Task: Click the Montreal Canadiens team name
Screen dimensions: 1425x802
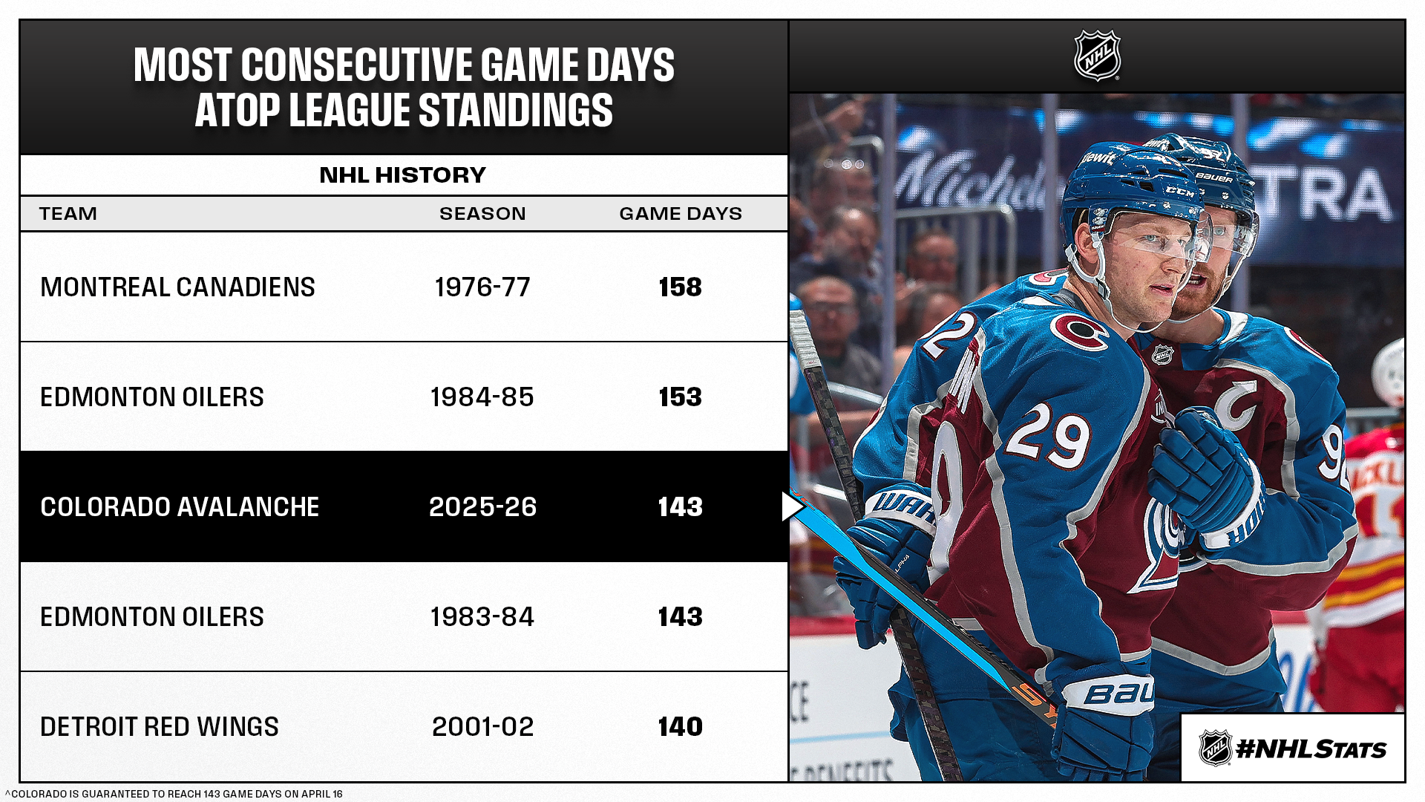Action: [x=177, y=287]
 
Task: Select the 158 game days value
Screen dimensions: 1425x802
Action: [x=680, y=287]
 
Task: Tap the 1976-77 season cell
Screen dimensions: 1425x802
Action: [x=482, y=287]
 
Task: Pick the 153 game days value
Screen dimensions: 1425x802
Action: [x=680, y=397]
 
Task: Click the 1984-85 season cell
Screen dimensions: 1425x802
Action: [x=482, y=397]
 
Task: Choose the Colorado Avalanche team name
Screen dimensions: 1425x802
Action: [x=180, y=507]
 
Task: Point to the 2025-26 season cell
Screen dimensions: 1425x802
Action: [x=482, y=507]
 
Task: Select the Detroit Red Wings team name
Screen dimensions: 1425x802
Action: [x=160, y=727]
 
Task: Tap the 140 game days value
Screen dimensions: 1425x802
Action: [x=680, y=727]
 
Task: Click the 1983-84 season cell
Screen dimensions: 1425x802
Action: [x=482, y=617]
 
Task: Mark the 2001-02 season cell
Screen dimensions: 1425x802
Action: [x=482, y=727]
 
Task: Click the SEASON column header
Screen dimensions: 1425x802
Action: [x=482, y=214]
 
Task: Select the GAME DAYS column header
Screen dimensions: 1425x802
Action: [x=681, y=214]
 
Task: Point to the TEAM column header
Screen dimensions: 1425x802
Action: [x=68, y=214]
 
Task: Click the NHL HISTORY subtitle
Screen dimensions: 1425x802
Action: [x=403, y=175]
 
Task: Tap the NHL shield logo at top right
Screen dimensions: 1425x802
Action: [x=1097, y=56]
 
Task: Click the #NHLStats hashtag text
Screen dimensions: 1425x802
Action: [x=1311, y=749]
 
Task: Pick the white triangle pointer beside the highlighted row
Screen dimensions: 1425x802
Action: [x=792, y=506]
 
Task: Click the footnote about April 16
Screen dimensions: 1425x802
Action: [x=174, y=794]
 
